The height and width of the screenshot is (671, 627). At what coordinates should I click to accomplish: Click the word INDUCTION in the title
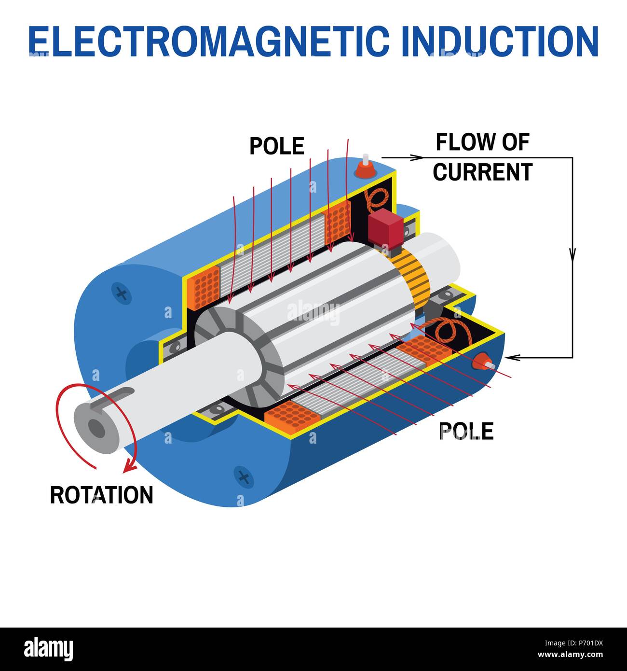[499, 41]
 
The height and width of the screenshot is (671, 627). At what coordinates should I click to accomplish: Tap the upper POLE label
[276, 146]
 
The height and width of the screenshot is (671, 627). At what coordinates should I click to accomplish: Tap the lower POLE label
[466, 431]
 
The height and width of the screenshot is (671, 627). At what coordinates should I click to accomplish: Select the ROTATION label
[101, 495]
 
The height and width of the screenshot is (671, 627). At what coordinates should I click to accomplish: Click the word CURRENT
[482, 172]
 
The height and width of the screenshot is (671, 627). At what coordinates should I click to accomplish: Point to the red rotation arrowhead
[129, 466]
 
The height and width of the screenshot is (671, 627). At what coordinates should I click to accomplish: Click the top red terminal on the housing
[365, 168]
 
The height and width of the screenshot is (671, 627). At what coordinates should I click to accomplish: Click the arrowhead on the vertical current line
[572, 254]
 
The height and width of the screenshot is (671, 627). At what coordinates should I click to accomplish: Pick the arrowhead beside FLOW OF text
[416, 157]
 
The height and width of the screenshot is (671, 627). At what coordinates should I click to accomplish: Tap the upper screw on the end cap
[122, 293]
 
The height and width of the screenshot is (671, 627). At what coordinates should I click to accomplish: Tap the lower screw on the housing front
[244, 477]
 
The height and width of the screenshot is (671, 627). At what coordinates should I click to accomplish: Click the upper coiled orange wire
[377, 198]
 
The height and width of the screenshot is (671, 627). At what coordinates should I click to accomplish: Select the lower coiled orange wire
[449, 329]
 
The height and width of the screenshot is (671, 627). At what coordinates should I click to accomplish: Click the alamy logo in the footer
[48, 649]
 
